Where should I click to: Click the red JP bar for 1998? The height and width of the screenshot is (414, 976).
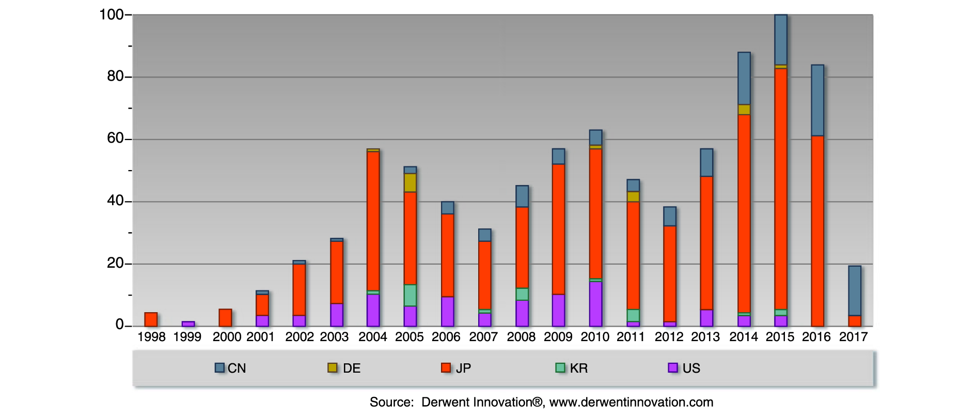point(151,319)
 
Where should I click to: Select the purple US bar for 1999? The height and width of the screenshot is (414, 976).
point(188,324)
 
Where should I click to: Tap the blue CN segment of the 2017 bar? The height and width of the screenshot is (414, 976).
point(855,290)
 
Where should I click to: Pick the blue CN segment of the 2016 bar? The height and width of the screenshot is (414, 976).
point(817,100)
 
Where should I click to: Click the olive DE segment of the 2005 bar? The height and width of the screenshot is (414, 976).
point(410,183)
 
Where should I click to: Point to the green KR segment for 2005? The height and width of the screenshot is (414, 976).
point(410,295)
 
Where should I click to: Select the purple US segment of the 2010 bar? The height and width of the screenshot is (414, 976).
point(595,304)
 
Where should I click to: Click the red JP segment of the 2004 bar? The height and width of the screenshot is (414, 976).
point(373,221)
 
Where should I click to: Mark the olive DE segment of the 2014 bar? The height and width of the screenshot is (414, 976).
point(744,110)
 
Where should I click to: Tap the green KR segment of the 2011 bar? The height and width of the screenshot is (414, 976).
point(633,315)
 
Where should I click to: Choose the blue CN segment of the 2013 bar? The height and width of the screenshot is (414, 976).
point(706,163)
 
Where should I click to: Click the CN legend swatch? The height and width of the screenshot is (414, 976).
point(219,367)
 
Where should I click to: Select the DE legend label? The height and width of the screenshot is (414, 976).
point(352,368)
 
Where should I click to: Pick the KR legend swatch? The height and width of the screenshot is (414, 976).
point(560,367)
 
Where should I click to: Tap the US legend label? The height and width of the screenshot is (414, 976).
point(691,368)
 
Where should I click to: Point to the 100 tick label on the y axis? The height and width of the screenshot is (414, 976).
point(111,14)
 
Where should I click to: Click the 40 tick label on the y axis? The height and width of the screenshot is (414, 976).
point(115,201)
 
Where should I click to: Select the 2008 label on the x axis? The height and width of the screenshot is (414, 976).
point(521,337)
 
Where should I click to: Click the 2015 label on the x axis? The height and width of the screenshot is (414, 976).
point(780,337)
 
